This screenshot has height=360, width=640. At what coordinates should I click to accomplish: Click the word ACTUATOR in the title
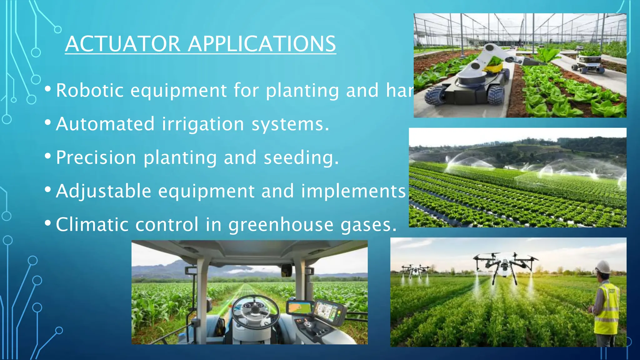pyautogui.click(x=123, y=44)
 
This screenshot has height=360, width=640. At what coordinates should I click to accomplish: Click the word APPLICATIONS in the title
pyautogui.click(x=262, y=44)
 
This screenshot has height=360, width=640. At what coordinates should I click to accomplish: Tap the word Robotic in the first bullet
pyautogui.click(x=90, y=91)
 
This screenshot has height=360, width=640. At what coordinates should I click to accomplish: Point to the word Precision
pyautogui.click(x=96, y=157)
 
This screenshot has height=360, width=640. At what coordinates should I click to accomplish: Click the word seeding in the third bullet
pyautogui.click(x=301, y=157)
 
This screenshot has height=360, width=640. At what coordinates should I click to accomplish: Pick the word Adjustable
pyautogui.click(x=103, y=191)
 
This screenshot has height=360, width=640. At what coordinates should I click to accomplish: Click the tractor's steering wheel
pyautogui.click(x=255, y=311)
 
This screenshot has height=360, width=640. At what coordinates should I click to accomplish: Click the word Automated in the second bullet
pyautogui.click(x=105, y=124)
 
